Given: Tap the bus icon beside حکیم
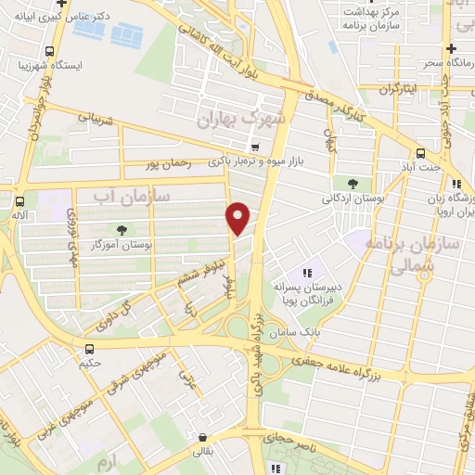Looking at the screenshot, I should pyautogui.click(x=90, y=349).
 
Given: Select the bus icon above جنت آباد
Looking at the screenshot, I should pyautogui.click(x=421, y=153).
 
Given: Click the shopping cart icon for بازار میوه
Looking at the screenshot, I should pyautogui.click(x=254, y=147).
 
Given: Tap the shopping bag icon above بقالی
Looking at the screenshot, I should pyautogui.click(x=201, y=437).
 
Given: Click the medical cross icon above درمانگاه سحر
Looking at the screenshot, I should pyautogui.click(x=452, y=48).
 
